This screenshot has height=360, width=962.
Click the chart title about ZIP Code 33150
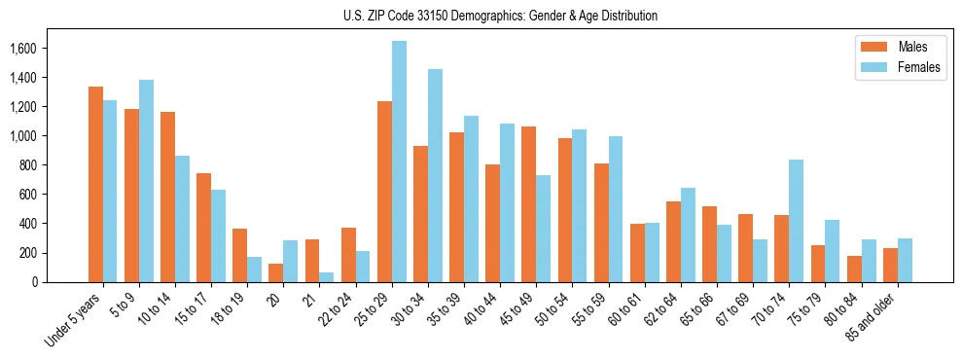pyautogui.click(x=500, y=16)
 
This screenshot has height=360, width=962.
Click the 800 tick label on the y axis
pyautogui.click(x=27, y=165)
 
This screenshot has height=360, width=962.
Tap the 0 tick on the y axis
pyautogui.click(x=33, y=282)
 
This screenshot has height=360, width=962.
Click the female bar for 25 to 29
pyautogui.click(x=399, y=162)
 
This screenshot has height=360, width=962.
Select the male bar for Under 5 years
pyautogui.click(x=95, y=184)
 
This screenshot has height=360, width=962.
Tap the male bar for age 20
pyautogui.click(x=276, y=272)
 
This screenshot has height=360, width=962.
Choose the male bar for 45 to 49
pyautogui.click(x=529, y=204)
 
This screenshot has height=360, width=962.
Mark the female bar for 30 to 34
pyautogui.click(x=435, y=175)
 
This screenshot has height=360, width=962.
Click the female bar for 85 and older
pyautogui.click(x=905, y=260)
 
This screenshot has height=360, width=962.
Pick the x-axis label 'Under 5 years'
pyautogui.click(x=74, y=320)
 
